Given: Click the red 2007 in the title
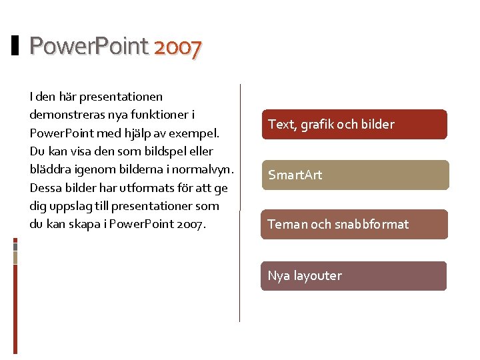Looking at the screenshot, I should click(x=177, y=47).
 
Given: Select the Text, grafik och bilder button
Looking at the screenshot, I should click(x=353, y=125).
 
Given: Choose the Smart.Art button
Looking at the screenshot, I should click(x=353, y=175).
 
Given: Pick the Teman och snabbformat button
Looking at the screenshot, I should click(x=353, y=225).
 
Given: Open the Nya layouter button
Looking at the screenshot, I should click(x=353, y=276).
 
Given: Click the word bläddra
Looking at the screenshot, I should click(x=50, y=169).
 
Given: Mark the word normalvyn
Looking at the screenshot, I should click(x=203, y=169).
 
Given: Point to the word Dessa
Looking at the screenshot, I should click(x=46, y=188).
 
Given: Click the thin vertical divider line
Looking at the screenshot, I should click(x=240, y=200).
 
